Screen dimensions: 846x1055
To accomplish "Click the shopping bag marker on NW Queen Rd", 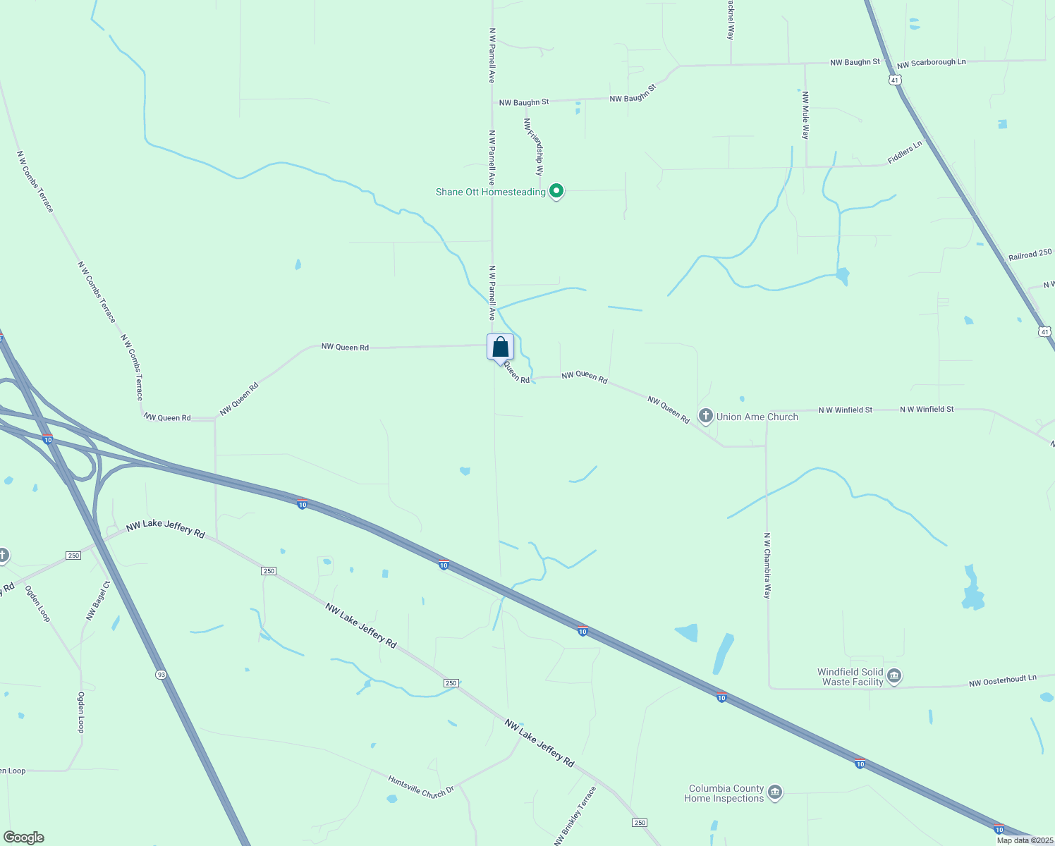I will pos(500,348).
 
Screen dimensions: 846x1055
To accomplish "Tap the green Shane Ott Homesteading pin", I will pos(556,190).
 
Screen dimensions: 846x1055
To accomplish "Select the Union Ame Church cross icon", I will pos(705,416).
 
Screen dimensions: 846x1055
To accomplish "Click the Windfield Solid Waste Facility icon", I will pos(894,677).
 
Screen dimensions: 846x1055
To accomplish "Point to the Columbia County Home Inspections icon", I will pos(774,793).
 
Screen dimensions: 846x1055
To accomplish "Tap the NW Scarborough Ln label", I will pos(931,63).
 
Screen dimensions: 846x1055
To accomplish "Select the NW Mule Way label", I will pos(805,116).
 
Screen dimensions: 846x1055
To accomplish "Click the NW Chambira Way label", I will pos(767,565).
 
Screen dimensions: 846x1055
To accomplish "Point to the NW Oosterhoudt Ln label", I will pos(1002,680).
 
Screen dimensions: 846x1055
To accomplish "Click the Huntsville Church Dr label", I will pos(421,787).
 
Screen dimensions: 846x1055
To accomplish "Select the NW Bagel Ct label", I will pos(98,601).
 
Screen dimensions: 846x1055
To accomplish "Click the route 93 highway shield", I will pos(161,675).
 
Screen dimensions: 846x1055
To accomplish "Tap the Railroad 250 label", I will pos(1030,255).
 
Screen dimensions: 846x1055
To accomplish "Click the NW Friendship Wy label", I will pos(534,147).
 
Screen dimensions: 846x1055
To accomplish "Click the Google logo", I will pos(24,838).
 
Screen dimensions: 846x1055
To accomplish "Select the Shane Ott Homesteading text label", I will pos(490,192).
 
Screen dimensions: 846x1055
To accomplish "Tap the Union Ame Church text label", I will pos(757,417).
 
